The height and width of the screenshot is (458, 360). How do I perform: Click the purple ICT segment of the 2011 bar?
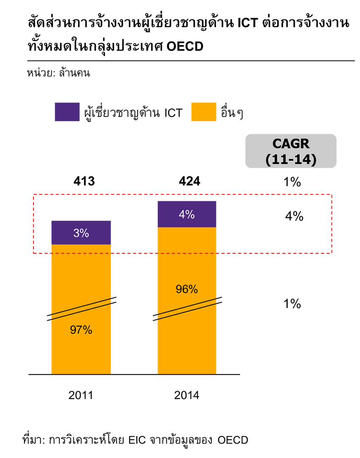(81, 233)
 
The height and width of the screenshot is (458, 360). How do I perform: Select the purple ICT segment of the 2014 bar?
(187, 214)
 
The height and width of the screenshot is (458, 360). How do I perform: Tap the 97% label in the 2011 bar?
(81, 330)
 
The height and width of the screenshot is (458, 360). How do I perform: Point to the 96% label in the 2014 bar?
(187, 289)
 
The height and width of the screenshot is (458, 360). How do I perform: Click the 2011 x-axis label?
(80, 395)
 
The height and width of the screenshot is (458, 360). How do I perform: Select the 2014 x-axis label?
(187, 395)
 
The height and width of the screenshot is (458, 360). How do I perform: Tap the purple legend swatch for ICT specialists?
(67, 112)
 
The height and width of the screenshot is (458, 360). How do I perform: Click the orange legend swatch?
(204, 112)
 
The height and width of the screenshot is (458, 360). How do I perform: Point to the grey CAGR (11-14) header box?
(291, 151)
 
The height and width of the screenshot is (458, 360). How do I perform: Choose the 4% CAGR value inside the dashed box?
(294, 217)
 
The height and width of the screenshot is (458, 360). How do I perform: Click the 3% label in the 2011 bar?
(81, 233)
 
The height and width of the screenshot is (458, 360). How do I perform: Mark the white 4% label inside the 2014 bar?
(187, 214)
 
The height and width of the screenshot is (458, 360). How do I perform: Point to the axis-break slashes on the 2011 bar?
(81, 309)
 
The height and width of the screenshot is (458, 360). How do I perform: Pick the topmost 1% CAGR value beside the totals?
(292, 183)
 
